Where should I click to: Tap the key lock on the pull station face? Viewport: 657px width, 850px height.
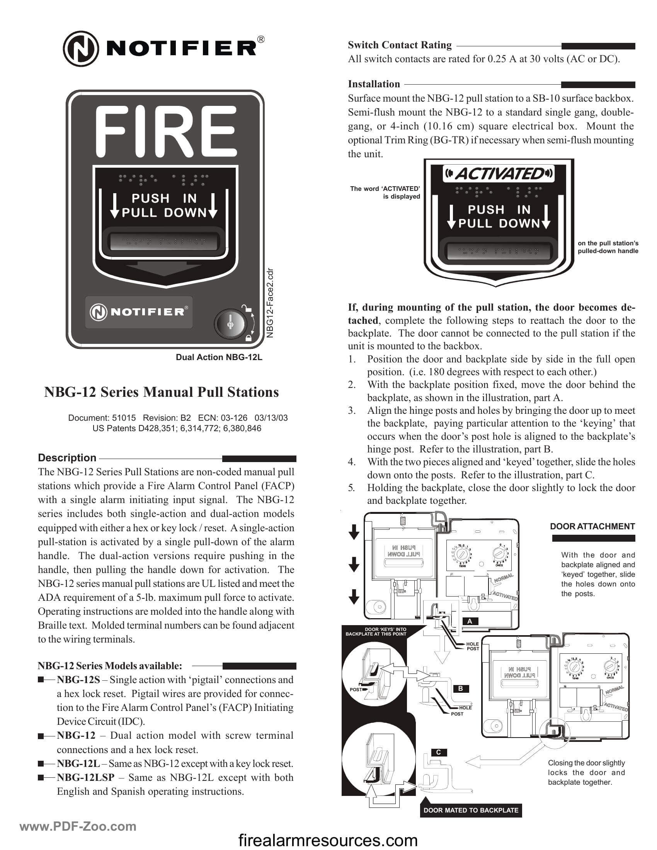tap(230, 323)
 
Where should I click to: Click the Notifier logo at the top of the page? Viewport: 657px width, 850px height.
tap(163, 49)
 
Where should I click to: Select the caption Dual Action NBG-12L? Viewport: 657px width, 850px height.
tap(219, 357)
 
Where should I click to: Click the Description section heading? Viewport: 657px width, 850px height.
tap(67, 458)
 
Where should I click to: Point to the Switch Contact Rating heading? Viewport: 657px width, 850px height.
tap(399, 45)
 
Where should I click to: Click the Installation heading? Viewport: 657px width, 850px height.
tap(374, 84)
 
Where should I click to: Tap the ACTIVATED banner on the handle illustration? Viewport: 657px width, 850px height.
tap(499, 173)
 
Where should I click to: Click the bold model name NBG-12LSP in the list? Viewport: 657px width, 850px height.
tap(86, 777)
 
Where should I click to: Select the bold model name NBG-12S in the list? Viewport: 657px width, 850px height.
tap(78, 680)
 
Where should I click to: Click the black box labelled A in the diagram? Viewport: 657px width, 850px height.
tap(470, 621)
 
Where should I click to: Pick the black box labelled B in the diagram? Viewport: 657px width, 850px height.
tap(460, 688)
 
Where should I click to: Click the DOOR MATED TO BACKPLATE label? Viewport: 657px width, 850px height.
tap(471, 810)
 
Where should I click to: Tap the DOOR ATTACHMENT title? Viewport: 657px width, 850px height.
tap(592, 527)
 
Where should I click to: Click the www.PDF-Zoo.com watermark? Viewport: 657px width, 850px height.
tap(78, 827)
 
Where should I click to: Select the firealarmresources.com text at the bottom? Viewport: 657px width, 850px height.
tap(328, 840)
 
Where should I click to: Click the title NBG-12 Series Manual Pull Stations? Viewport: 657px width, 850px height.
tap(162, 392)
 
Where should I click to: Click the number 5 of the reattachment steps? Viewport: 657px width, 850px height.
tap(351, 488)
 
